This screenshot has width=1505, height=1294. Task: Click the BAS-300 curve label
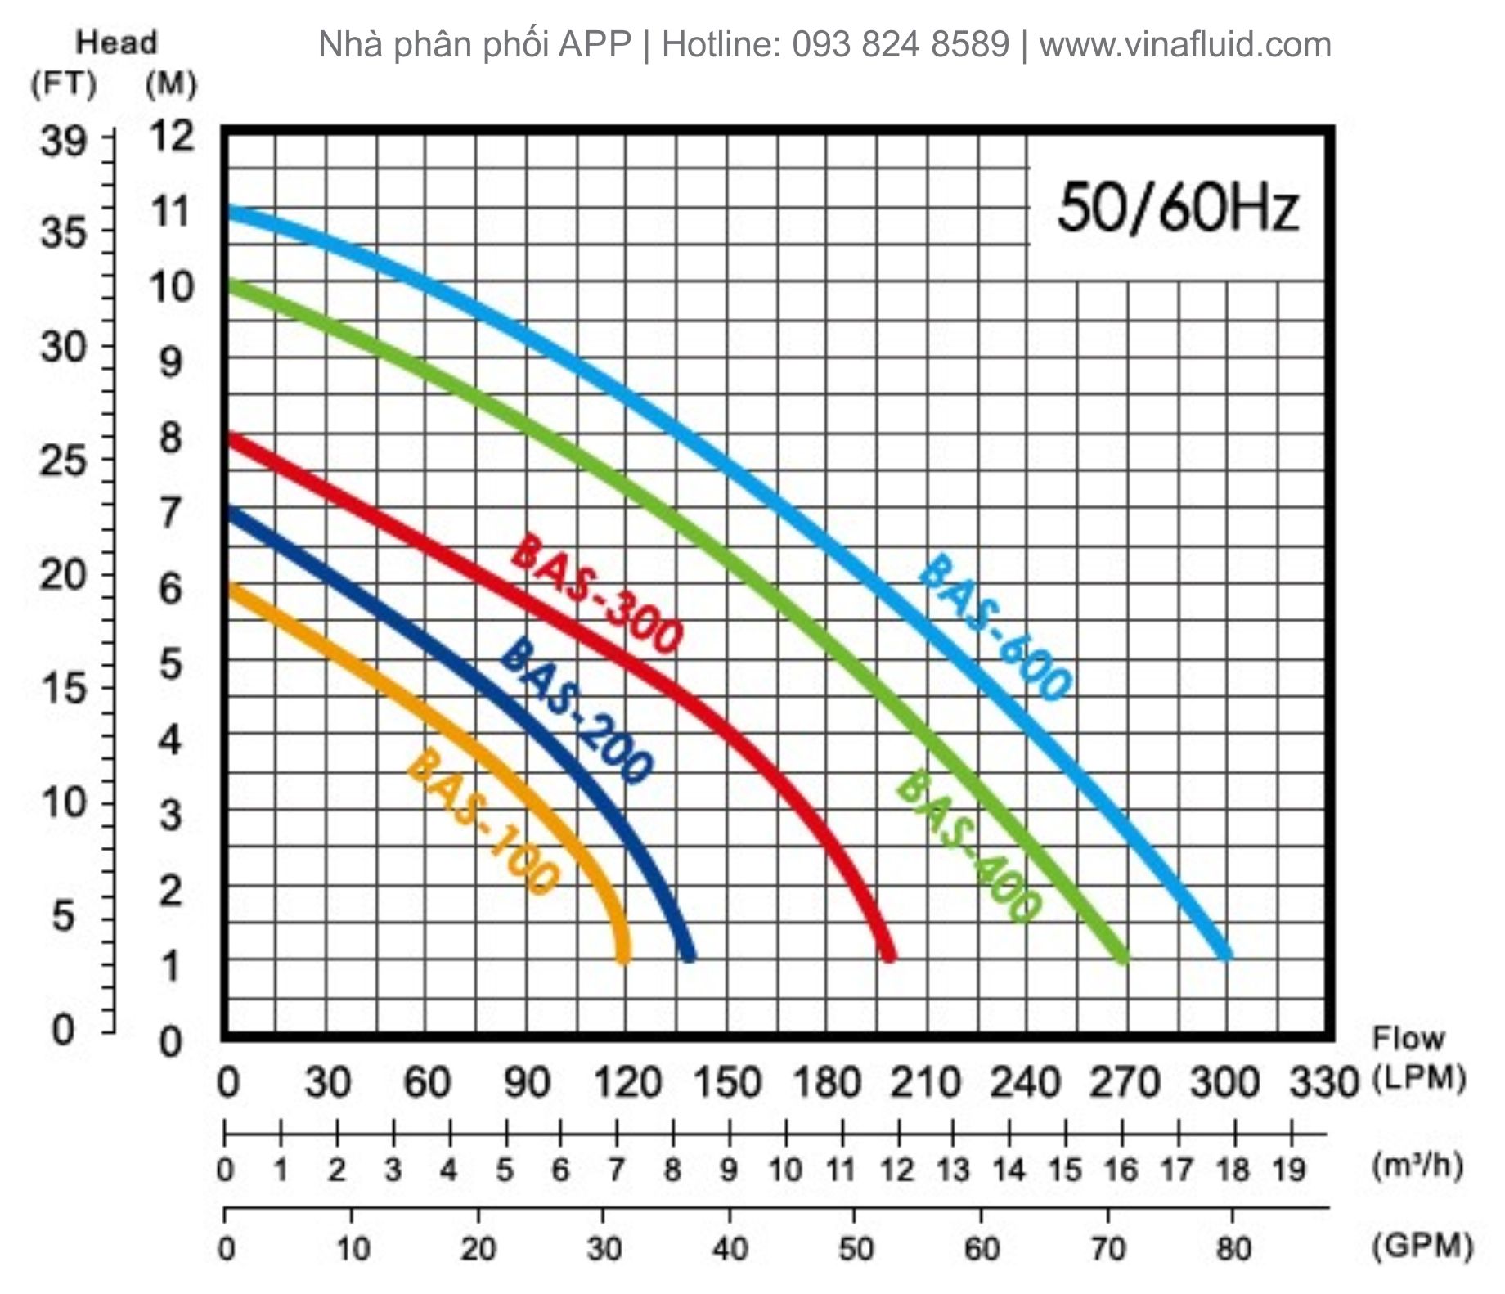(595, 595)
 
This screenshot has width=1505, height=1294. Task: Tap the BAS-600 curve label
(993, 626)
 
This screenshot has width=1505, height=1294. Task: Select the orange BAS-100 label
(483, 821)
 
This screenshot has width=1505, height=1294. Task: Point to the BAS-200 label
(576, 710)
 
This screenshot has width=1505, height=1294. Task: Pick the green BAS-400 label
(968, 847)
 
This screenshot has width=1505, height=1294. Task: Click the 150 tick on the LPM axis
(727, 1083)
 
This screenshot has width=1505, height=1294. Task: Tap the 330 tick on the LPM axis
(1324, 1083)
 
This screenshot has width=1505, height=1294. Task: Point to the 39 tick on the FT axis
(63, 142)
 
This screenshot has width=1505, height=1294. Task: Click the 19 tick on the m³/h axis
(1289, 1170)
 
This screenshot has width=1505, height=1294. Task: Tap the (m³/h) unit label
(1417, 1166)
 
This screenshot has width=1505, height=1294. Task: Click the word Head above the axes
(116, 43)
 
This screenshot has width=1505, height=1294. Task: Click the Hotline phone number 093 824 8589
(901, 44)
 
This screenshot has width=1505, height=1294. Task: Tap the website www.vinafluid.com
(1184, 44)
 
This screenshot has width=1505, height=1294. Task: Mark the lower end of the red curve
(889, 955)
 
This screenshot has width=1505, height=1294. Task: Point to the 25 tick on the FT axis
(63, 461)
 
